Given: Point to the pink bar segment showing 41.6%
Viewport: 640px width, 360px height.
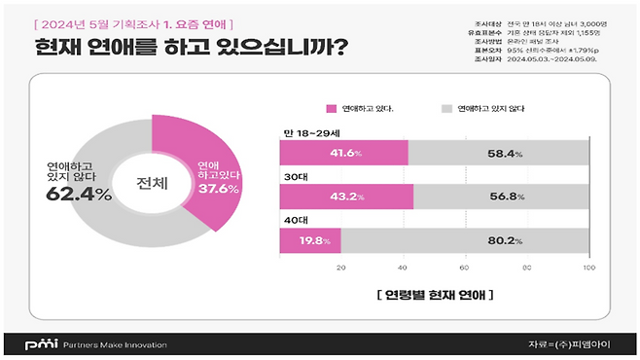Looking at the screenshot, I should point(343,154).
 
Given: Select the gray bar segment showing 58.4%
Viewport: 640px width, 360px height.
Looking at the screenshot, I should point(498,154).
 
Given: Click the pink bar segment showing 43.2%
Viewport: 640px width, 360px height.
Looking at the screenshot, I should point(346,197).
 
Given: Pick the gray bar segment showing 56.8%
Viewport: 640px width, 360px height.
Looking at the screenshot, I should point(500,197).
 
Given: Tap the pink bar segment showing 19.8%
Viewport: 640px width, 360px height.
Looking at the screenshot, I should point(309,239).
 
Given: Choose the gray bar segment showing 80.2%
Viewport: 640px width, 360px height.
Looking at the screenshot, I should point(464,239).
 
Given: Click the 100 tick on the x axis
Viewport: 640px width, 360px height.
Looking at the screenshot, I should point(588,266).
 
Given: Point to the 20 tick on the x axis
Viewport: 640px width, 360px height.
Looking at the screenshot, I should point(341,266).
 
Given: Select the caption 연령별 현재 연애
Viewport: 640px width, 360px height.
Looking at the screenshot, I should point(433,293).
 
